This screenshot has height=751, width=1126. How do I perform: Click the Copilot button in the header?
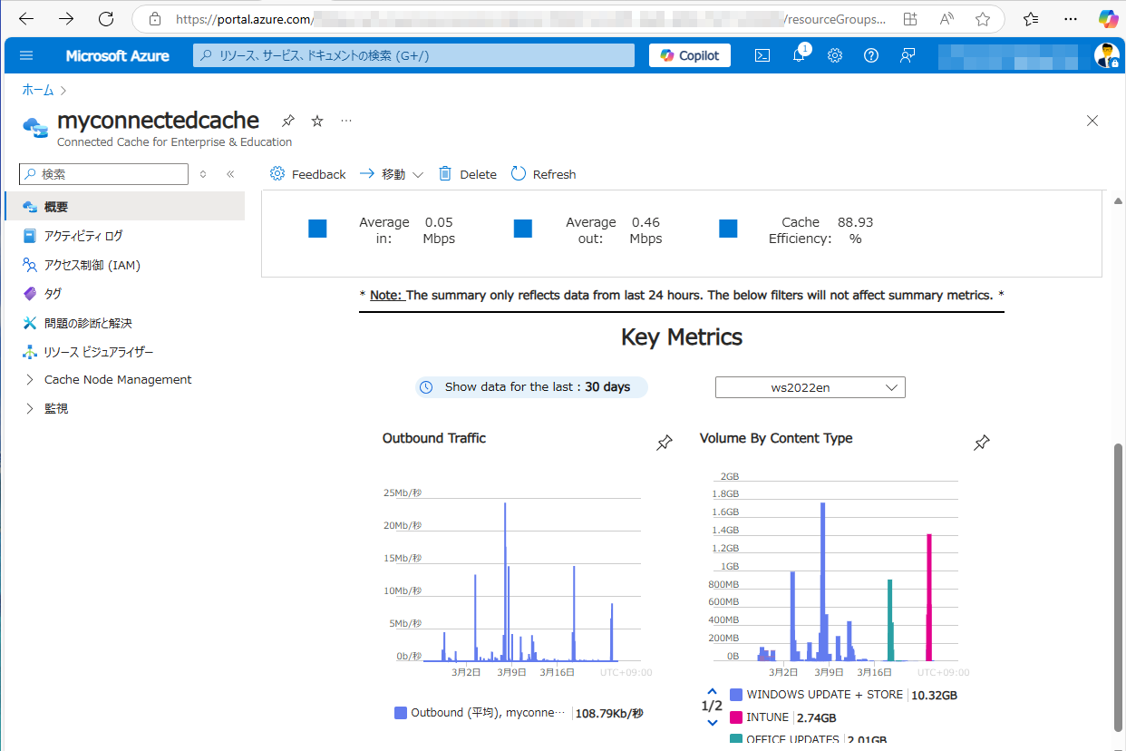point(689,55)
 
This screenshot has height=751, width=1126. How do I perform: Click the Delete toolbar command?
point(468,174)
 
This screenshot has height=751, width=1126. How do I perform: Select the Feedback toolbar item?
point(308,174)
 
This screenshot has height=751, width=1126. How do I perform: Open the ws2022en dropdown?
point(810,387)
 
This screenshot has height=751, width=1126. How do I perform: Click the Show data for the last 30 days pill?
point(531,387)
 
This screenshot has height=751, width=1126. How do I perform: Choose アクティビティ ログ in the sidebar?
point(83,236)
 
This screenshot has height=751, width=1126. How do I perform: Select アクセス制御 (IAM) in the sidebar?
point(92,265)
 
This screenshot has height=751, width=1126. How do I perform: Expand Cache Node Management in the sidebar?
point(118,380)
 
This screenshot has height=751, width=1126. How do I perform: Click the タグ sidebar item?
point(53,294)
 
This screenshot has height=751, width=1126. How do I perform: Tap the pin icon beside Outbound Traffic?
point(665,443)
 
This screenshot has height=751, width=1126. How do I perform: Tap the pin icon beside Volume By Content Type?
point(981,443)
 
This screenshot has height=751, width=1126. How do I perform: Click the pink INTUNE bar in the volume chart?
point(929,599)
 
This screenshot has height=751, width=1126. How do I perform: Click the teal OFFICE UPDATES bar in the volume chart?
point(890,621)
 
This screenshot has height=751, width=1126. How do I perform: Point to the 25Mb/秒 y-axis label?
point(403,493)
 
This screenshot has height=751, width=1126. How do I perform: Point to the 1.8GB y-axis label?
point(724,494)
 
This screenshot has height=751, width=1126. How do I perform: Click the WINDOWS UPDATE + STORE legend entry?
point(824,695)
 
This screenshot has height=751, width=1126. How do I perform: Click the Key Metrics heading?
point(681,337)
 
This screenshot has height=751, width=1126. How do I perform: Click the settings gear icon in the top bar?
point(835,55)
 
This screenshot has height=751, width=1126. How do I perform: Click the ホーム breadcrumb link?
point(38,90)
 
